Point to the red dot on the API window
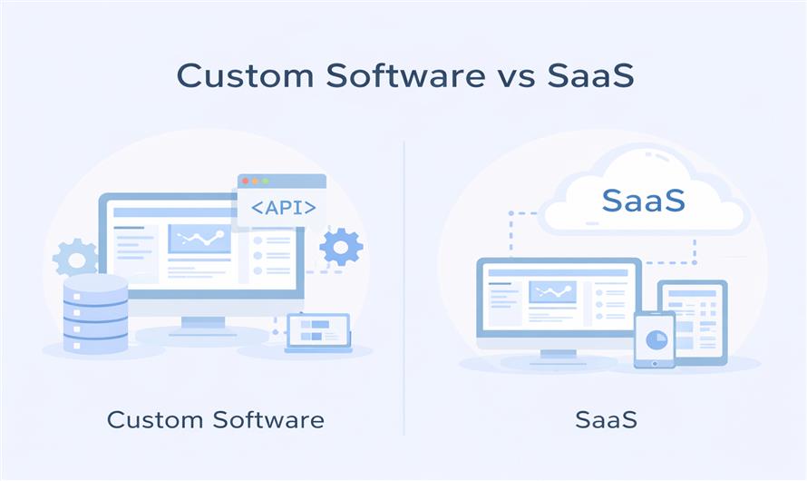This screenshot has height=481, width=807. (x=246, y=182)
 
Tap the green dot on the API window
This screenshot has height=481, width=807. (x=266, y=182)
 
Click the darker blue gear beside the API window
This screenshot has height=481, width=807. (x=341, y=246)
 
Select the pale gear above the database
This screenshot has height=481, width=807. (x=75, y=258)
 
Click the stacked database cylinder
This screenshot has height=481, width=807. (x=95, y=313)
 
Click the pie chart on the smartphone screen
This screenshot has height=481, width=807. (x=654, y=339)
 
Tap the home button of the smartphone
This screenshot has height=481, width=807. (x=654, y=362)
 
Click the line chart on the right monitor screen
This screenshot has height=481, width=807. (x=552, y=291)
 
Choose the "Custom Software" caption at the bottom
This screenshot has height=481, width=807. (x=215, y=420)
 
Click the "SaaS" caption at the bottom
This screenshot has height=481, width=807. (x=606, y=420)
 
